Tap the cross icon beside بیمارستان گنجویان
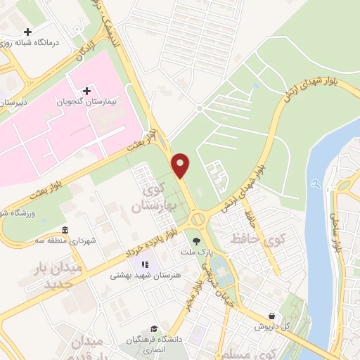pyautogui.click(x=86, y=91)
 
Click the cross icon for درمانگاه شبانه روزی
pyautogui.click(x=27, y=32)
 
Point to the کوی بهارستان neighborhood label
pyautogui.click(x=151, y=198)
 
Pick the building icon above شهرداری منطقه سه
pyautogui.click(x=65, y=231)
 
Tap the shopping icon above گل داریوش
pyautogui.click(x=271, y=316)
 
